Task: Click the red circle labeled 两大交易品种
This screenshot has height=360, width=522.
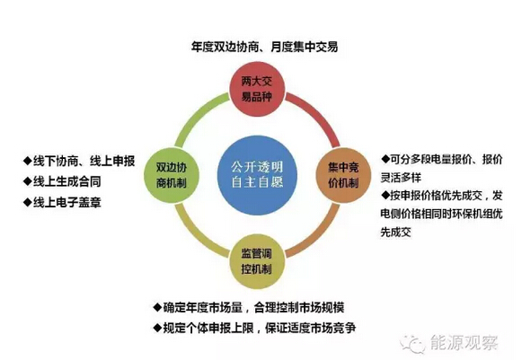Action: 257,89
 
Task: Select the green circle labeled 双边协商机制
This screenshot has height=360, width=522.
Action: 172,175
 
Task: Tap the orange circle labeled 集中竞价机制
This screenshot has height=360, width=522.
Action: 343,175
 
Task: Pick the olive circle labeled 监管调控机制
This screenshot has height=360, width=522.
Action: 257,261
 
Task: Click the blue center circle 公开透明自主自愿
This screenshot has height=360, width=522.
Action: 257,175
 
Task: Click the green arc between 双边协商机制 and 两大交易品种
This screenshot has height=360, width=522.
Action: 196,113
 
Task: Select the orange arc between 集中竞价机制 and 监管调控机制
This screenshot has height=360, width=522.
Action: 319,236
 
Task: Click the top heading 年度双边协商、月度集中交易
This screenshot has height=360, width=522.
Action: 265,47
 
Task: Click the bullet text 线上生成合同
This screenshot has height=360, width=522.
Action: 66,181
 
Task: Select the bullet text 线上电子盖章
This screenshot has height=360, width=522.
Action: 66,202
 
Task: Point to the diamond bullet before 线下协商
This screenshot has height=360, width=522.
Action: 27,161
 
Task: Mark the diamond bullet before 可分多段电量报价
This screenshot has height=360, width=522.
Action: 385,159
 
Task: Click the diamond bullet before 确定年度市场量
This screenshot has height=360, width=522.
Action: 157,307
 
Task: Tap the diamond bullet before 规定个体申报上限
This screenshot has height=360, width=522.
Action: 157,328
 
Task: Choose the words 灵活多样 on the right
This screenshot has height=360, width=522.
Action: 401,178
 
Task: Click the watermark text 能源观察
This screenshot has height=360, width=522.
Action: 464,343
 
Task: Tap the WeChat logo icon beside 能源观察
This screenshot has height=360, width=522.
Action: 413,343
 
